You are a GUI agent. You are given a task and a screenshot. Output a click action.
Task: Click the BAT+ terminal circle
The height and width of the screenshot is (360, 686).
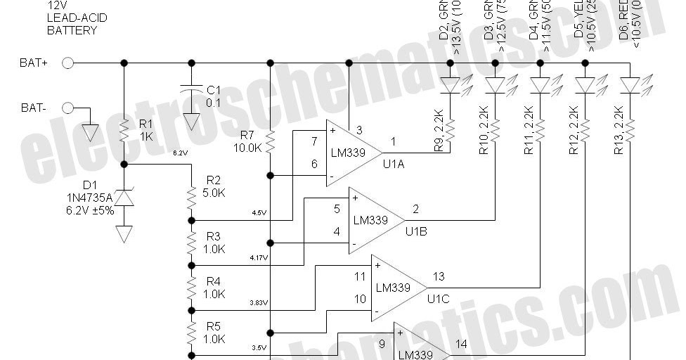pos(68,63)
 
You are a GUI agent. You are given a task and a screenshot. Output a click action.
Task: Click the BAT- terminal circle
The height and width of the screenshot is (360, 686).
pos(68,108)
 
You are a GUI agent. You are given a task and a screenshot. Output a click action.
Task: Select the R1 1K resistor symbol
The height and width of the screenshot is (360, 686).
pos(124,131)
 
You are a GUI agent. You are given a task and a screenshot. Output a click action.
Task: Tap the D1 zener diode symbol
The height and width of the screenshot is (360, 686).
pos(124,199)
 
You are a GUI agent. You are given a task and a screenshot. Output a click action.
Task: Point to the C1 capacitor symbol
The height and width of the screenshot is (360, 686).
pos(191,89)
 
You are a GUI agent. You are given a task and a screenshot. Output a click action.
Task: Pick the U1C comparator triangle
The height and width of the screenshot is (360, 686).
pos(398,288)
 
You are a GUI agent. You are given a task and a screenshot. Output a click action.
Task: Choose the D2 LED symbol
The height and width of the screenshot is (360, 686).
pos(451,85)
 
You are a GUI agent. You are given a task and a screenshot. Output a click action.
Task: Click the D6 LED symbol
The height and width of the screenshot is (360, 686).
pos(630,85)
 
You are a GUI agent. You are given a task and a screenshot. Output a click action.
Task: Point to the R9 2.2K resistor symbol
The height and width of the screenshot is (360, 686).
pos(451,129)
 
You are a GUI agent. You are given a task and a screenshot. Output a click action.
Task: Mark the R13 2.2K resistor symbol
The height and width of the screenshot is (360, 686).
pos(630,129)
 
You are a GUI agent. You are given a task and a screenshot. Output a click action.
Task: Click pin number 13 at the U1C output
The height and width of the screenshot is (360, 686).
pos(439,276)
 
